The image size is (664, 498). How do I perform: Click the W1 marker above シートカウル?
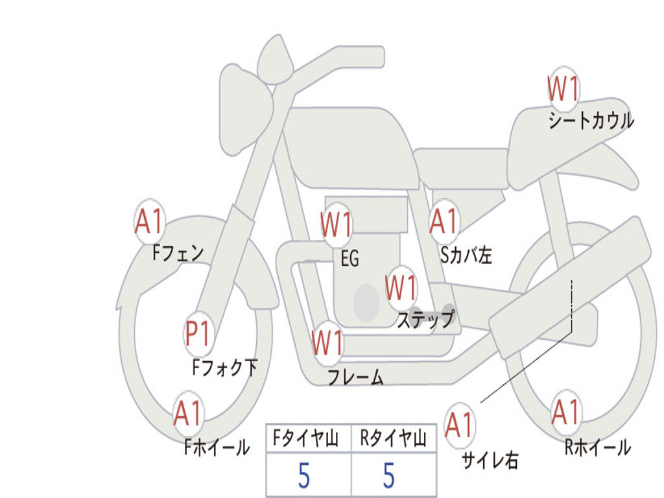pyautogui.click(x=563, y=89)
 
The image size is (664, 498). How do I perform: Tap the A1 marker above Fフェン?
pyautogui.click(x=150, y=221)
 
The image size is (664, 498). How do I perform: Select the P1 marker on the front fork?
pyautogui.click(x=198, y=334)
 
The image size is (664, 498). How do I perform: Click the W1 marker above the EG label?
pyautogui.click(x=337, y=224)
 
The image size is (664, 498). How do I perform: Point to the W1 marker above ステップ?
pyautogui.click(x=401, y=288)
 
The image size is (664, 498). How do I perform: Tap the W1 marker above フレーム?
pyautogui.click(x=327, y=342)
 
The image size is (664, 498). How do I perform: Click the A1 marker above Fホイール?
pyautogui.click(x=188, y=413)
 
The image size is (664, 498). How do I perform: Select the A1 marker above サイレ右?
pyautogui.click(x=460, y=425)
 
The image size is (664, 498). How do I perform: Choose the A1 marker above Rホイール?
pyautogui.click(x=566, y=412)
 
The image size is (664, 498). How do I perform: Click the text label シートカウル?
pyautogui.click(x=591, y=120)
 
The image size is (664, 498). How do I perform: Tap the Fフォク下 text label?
pyautogui.click(x=225, y=367)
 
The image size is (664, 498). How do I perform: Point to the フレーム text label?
pyautogui.click(x=356, y=377)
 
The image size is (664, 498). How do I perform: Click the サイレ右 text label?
pyautogui.click(x=490, y=460)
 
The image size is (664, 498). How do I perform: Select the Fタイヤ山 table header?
pyautogui.click(x=306, y=438)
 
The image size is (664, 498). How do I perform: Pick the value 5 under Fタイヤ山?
pyautogui.click(x=304, y=475)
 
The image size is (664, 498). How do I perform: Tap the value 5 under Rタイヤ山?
pyautogui.click(x=389, y=475)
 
